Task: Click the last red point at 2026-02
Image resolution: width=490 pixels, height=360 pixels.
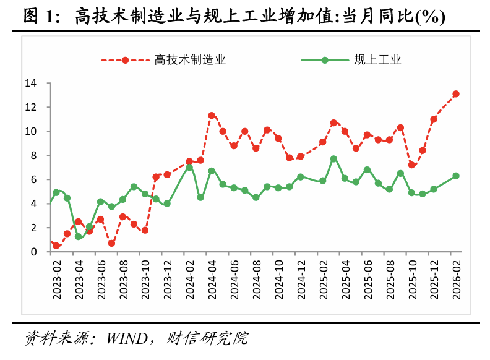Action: click(x=456, y=94)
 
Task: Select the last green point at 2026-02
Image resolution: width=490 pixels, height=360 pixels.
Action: click(x=456, y=176)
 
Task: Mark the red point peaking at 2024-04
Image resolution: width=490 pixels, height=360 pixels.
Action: click(x=212, y=116)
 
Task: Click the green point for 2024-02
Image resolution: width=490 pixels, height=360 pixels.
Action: click(x=189, y=168)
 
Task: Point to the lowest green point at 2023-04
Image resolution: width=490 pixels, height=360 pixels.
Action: click(x=79, y=237)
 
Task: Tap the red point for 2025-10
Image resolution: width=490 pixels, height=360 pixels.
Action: click(x=411, y=165)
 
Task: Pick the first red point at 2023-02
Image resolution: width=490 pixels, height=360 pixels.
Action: click(x=56, y=246)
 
